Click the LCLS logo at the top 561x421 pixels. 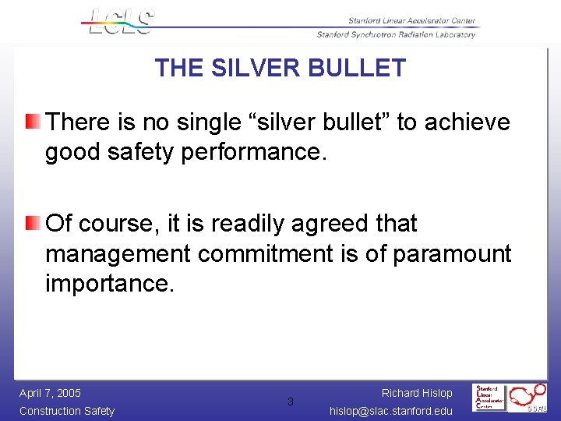118,21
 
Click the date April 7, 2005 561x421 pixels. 50,393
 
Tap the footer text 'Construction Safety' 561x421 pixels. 67,411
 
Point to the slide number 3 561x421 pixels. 291,402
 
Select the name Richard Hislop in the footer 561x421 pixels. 417,393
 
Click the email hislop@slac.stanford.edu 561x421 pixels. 391,411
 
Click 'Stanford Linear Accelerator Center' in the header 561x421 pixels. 400,21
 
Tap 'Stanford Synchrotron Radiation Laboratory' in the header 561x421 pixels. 396,34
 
